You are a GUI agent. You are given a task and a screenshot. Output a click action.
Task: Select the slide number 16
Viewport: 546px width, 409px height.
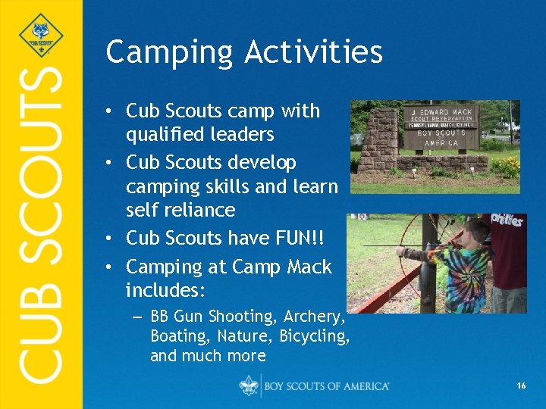521,386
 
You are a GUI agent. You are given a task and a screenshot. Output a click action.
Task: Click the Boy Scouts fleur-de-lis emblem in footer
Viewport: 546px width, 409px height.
249,386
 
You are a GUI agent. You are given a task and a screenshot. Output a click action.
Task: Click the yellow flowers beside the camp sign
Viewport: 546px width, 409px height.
507,166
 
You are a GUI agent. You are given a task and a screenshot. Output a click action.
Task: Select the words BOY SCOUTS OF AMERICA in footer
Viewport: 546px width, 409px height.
326,386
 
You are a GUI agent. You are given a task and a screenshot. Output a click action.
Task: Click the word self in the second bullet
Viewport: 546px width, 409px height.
142,210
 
